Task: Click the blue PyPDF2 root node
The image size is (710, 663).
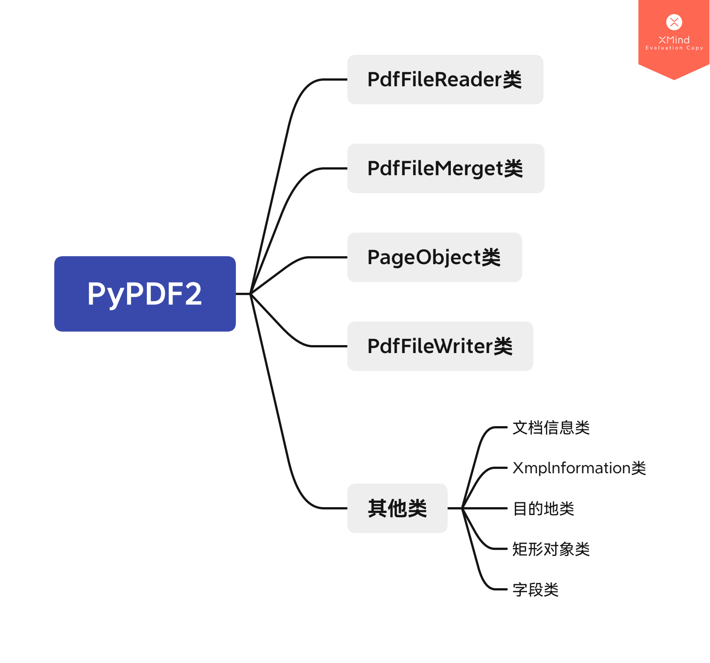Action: tap(145, 294)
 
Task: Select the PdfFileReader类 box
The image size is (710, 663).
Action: tap(445, 80)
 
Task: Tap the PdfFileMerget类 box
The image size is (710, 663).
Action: tap(445, 169)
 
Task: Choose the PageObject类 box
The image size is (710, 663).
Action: tap(434, 258)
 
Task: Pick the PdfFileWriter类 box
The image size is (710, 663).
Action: tap(440, 346)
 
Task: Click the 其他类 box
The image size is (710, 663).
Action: tap(397, 508)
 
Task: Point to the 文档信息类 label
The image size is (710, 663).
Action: tap(551, 427)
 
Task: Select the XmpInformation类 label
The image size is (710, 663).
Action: tap(579, 468)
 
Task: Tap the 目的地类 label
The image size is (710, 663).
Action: tap(543, 508)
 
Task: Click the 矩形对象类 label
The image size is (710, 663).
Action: tap(551, 549)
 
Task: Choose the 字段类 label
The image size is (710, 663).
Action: tap(535, 589)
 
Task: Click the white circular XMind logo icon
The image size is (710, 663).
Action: tap(674, 22)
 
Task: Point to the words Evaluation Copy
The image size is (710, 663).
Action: tap(674, 48)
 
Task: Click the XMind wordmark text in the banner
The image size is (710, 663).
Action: tap(674, 40)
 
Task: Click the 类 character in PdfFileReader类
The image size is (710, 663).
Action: tap(512, 80)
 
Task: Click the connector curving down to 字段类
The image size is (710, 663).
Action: tap(479, 572)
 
